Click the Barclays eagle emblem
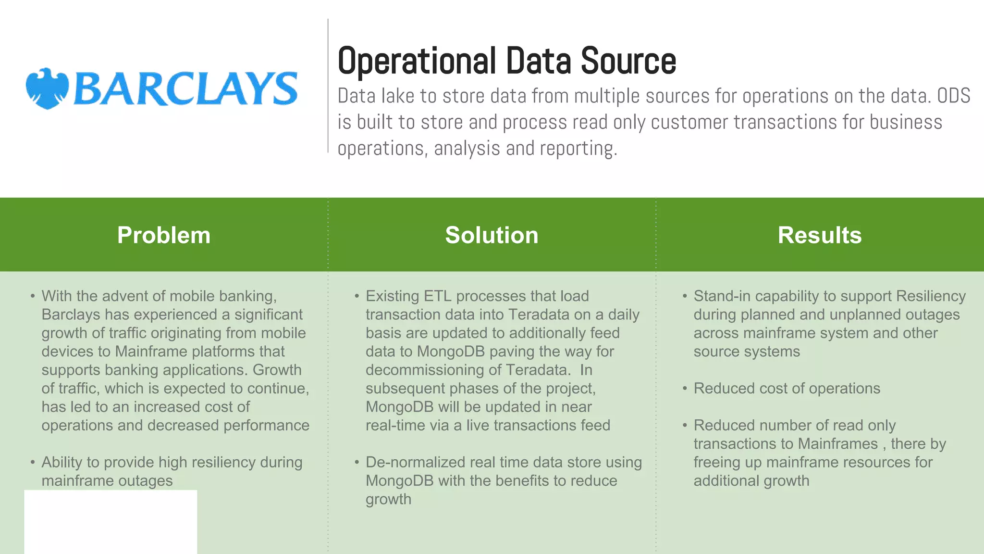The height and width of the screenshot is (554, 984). click(x=47, y=88)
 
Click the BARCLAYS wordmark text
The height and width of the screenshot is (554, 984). click(x=185, y=89)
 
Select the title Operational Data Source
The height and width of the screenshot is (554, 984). click(x=506, y=61)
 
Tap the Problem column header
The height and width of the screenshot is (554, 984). click(x=164, y=235)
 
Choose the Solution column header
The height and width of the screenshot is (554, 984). click(x=492, y=235)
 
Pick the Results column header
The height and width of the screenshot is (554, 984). click(x=820, y=235)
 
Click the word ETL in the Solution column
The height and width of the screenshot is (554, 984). click(x=437, y=296)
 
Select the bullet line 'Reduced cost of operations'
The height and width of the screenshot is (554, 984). click(x=787, y=389)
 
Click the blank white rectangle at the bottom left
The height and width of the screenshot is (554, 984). click(x=111, y=522)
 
